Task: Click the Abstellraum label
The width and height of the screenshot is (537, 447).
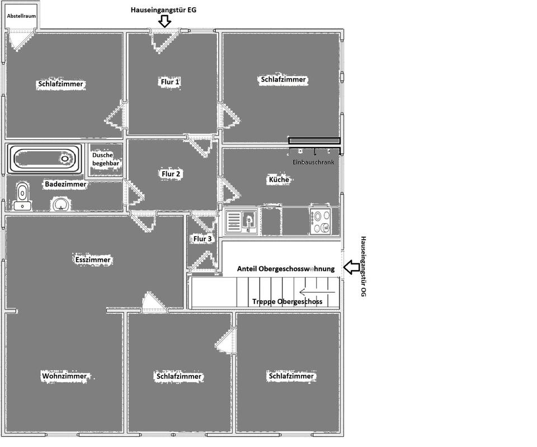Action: point(21,16)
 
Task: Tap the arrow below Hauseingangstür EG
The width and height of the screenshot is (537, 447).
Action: point(164,21)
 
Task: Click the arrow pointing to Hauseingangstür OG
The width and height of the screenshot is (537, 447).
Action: point(351,268)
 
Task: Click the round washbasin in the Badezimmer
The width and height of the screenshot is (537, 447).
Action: point(60,204)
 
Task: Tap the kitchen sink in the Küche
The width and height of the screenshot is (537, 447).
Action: point(241,221)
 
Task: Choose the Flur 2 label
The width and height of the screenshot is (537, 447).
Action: point(171,174)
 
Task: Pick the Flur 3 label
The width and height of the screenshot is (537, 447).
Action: point(202,239)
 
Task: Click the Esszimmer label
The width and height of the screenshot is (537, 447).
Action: point(93,260)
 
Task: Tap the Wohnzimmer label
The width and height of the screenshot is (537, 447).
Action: point(64,377)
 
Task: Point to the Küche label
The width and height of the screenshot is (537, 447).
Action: point(279,180)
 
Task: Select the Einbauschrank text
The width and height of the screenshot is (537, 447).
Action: point(313,162)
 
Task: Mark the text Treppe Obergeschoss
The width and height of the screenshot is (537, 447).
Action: point(287,302)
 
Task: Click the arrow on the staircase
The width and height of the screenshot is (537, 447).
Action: point(318,291)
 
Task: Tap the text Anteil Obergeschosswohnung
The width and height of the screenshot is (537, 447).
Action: point(285,269)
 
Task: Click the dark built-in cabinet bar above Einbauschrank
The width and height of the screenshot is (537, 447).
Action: point(314,140)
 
